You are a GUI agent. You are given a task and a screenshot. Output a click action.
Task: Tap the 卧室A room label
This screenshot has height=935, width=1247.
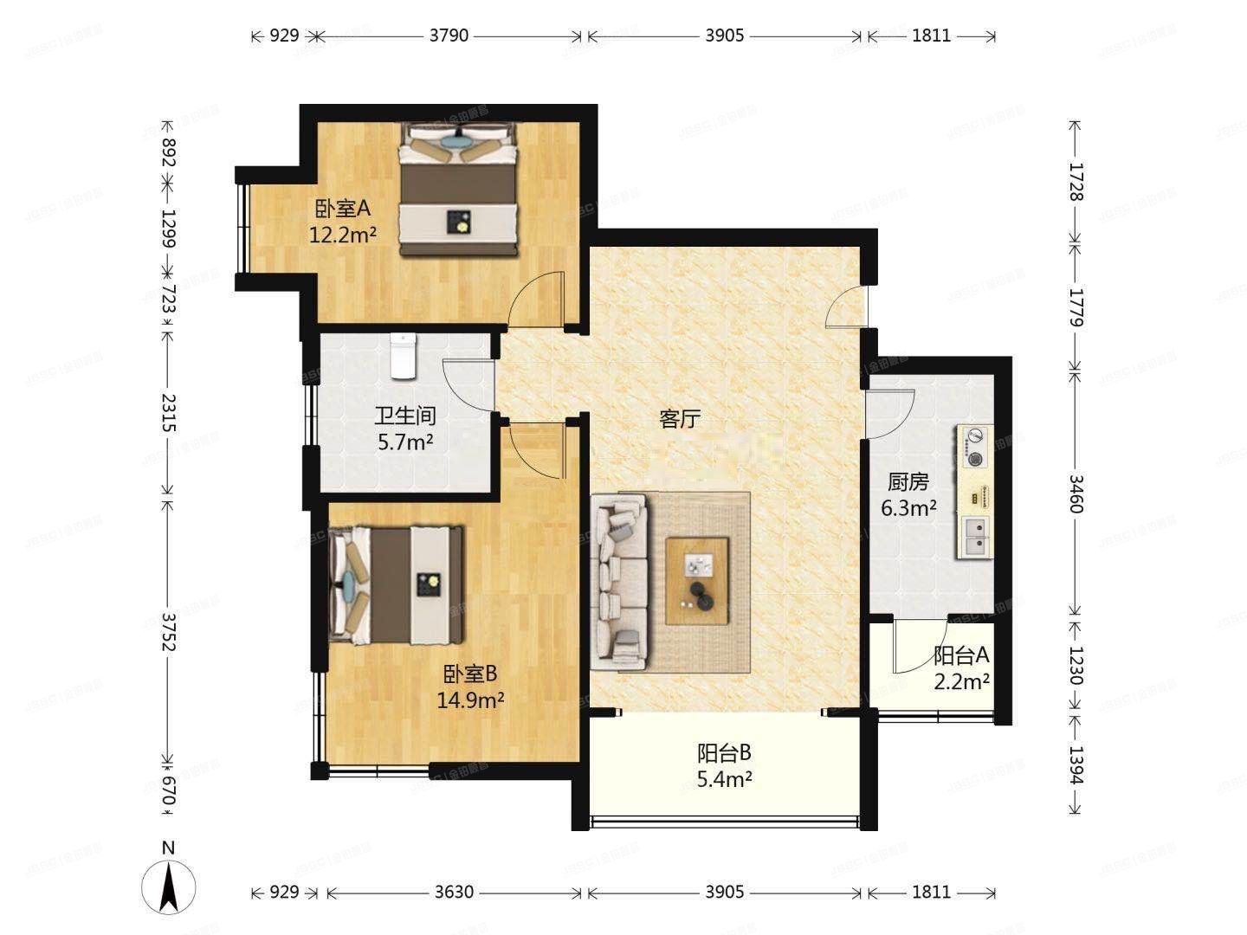(x=342, y=209)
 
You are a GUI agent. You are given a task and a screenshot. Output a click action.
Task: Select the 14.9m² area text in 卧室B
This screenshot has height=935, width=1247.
(x=470, y=700)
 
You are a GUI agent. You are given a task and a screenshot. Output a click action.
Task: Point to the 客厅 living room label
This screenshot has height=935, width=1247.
(x=679, y=420)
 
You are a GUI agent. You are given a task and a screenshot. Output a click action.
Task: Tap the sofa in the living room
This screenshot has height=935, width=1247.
(x=619, y=581)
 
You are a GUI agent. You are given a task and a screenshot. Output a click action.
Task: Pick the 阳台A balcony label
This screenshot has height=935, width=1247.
(x=961, y=656)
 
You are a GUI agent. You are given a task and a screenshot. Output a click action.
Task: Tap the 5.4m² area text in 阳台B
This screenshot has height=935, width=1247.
(x=724, y=779)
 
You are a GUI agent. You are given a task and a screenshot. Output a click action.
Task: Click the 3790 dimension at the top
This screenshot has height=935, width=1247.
(x=449, y=35)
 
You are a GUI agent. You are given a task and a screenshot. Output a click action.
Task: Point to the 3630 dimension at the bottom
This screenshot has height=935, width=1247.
(x=454, y=892)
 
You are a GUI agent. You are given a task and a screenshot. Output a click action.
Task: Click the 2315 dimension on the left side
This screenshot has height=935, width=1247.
(x=168, y=413)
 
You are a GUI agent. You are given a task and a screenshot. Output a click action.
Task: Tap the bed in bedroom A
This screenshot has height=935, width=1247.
(x=459, y=190)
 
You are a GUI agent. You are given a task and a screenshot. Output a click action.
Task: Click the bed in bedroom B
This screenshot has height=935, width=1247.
(x=397, y=585)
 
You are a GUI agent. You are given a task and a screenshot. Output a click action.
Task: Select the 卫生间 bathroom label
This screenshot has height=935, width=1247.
(x=404, y=416)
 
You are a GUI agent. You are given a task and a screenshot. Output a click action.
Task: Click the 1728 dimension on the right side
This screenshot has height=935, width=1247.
(x=1075, y=182)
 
